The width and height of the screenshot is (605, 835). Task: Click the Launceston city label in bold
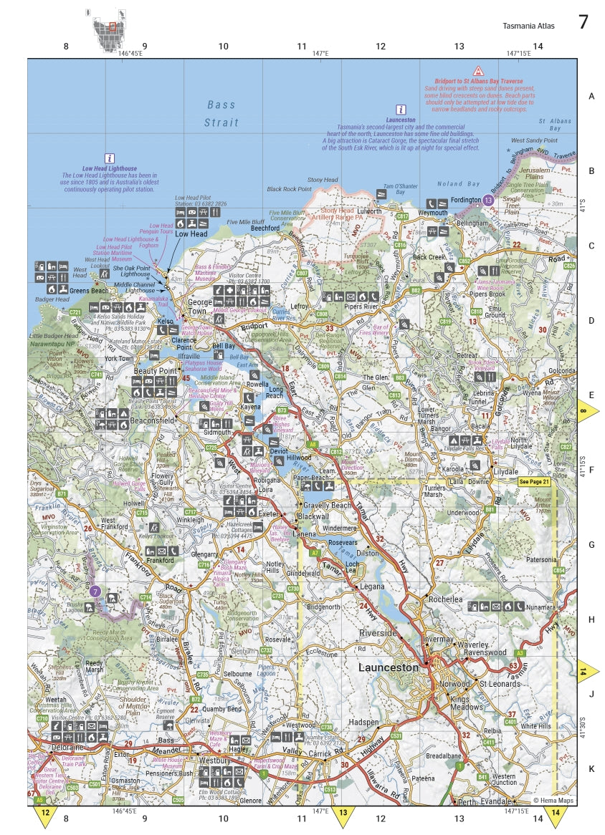pos(388,667)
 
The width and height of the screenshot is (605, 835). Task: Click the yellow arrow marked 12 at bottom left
pos(45,816)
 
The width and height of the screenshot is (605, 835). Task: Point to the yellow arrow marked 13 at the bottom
pos(343,816)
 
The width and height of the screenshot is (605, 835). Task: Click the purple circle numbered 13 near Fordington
pos(489,201)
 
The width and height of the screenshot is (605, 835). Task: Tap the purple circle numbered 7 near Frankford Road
pos(95,592)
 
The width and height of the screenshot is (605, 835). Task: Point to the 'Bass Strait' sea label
pos(221,113)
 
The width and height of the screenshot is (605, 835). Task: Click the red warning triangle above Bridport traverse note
pos(478,72)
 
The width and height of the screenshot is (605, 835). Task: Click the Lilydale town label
pos(505,472)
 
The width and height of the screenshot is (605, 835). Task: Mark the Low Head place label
pos(191,234)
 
